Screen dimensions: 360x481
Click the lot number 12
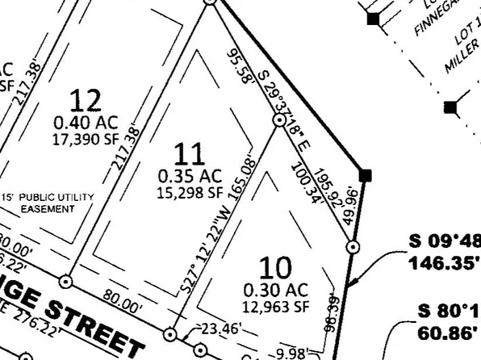coord(86,101)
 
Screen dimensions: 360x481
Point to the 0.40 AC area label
coord(86,123)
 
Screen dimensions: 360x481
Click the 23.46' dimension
coord(214,328)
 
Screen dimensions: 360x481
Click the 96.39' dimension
coord(329,312)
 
